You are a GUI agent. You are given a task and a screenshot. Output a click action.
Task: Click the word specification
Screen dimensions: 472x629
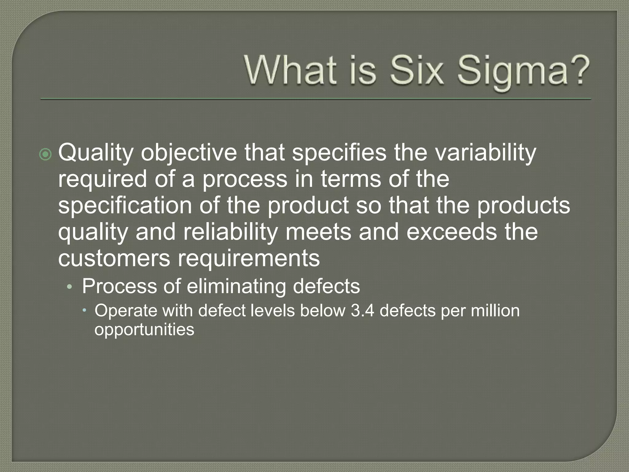[x=125, y=206]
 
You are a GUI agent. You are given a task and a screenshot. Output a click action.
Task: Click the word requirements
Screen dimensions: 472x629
[x=249, y=258]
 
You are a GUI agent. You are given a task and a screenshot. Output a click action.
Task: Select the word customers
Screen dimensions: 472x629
[x=114, y=258]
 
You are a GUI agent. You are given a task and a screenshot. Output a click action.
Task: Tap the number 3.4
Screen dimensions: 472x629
[x=362, y=311]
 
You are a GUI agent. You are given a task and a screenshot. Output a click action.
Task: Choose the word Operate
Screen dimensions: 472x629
[x=126, y=311]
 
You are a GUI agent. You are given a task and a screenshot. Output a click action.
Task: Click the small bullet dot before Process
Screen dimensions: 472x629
[x=69, y=287]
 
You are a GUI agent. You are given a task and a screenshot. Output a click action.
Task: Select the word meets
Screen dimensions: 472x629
[x=318, y=232]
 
